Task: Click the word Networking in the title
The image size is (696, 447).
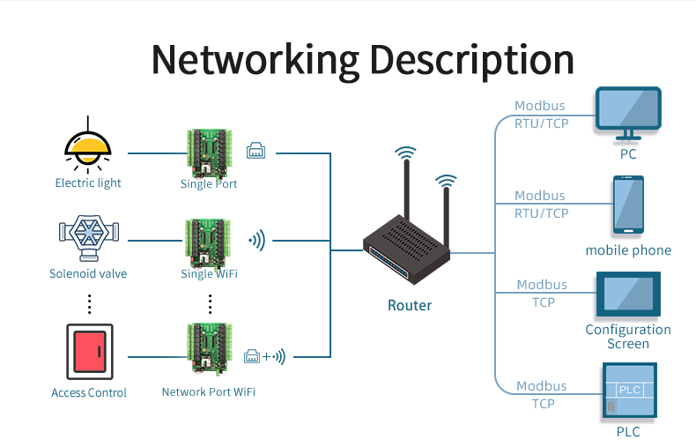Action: [x=255, y=60]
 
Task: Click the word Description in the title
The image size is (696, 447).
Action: [x=471, y=60]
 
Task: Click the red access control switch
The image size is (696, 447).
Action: [x=89, y=352]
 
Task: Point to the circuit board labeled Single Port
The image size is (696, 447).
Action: [x=209, y=152]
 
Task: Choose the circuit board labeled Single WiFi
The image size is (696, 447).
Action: [x=209, y=242]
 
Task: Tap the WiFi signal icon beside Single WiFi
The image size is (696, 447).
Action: [x=256, y=240]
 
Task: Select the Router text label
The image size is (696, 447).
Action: [x=410, y=306]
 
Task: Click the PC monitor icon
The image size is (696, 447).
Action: [x=628, y=113]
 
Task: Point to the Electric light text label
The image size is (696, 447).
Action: [x=88, y=183]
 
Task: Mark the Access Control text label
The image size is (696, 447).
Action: [x=89, y=392]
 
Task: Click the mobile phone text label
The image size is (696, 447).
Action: [x=628, y=250]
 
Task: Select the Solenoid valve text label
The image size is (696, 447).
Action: [x=88, y=274]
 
